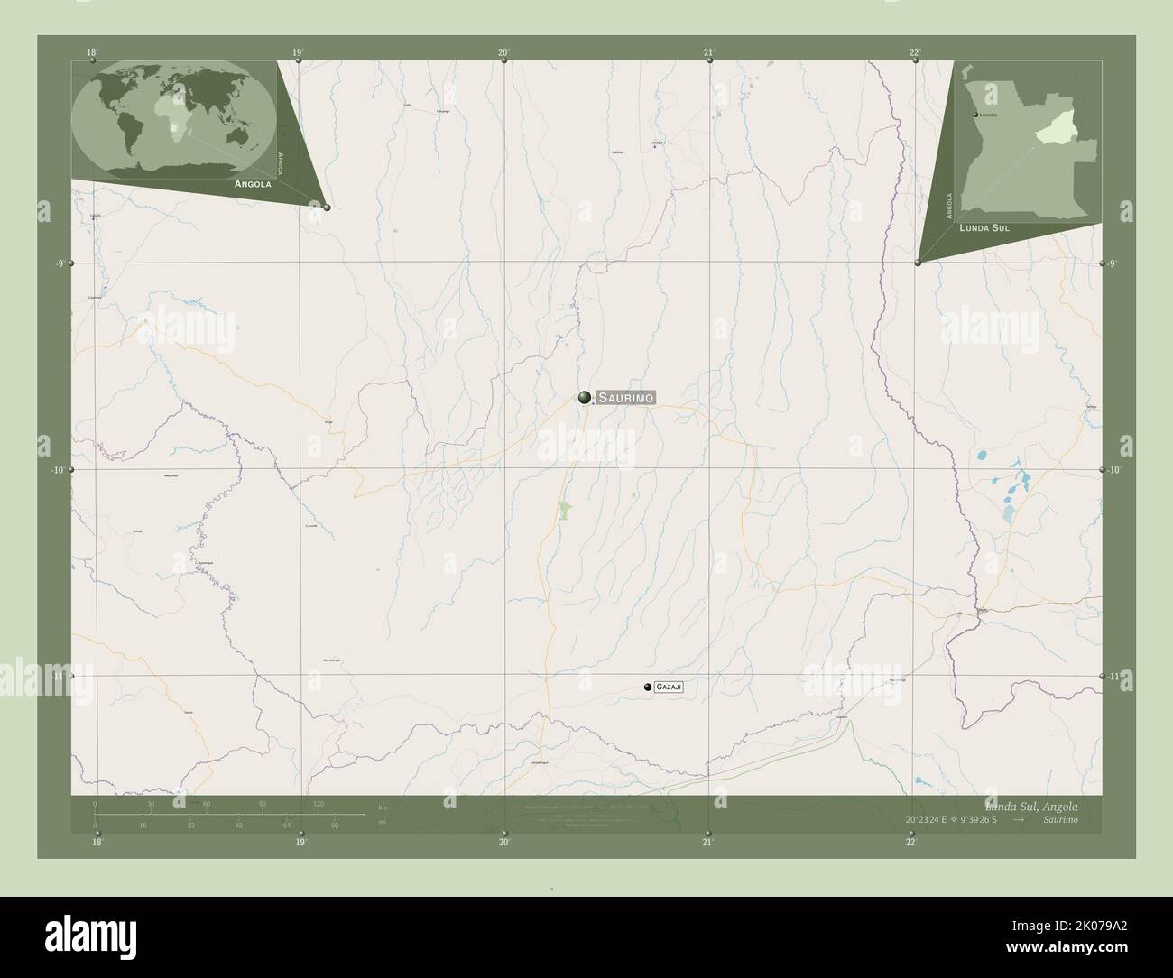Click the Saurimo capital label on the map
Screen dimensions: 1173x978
pyautogui.click(x=625, y=398)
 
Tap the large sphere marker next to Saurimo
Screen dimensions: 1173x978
pyautogui.click(x=585, y=397)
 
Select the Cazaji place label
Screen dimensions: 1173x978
pyautogui.click(x=670, y=687)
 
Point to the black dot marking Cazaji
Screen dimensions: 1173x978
pyautogui.click(x=648, y=687)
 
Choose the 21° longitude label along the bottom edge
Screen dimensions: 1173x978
pyautogui.click(x=708, y=843)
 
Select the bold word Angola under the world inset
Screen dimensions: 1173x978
pyautogui.click(x=253, y=184)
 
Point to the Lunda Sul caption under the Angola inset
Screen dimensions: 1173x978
pyautogui.click(x=984, y=229)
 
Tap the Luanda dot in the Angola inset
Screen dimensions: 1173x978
pyautogui.click(x=975, y=115)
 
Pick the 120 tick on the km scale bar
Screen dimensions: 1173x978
pyautogui.click(x=318, y=804)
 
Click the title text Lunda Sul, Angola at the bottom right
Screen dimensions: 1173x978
pyautogui.click(x=1030, y=806)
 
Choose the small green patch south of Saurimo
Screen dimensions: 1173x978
pyautogui.click(x=565, y=512)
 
